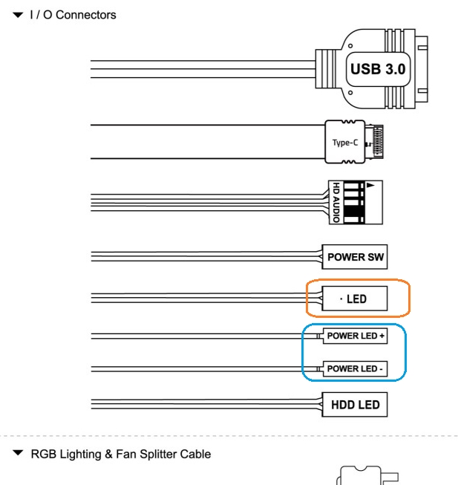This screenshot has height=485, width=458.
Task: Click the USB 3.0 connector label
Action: point(370,70)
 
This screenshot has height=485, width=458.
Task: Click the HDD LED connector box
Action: point(355,406)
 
